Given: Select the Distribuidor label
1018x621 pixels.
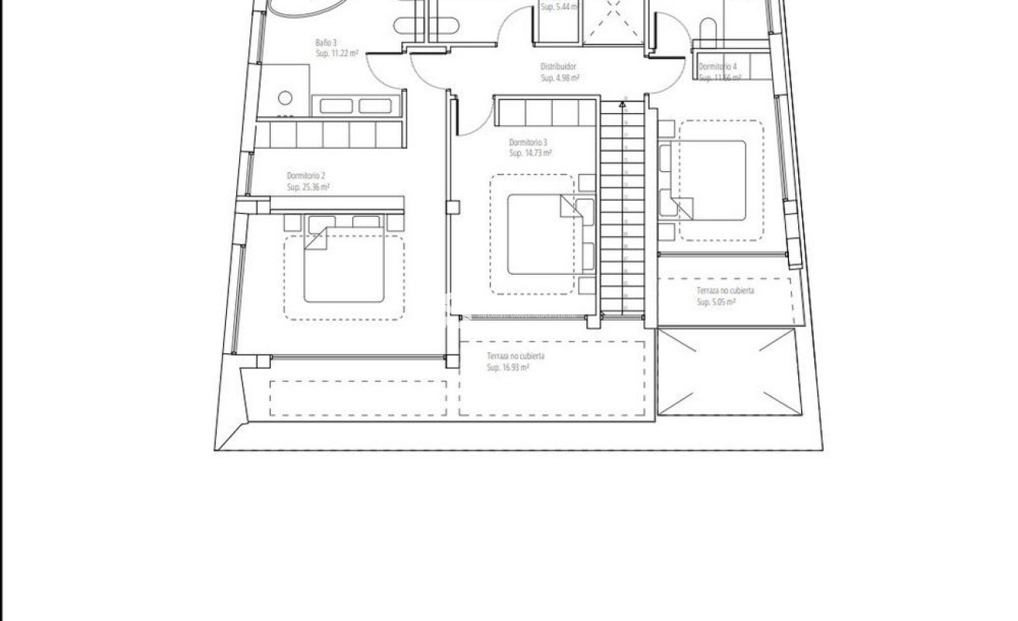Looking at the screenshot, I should coord(558,67).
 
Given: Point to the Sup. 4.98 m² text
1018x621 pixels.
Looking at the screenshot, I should coord(560,78).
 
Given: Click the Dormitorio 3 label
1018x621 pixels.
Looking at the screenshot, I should coord(528,142).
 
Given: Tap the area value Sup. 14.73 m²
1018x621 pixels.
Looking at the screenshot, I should coord(530,154).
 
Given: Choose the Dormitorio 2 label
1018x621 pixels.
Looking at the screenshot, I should coord(306,176).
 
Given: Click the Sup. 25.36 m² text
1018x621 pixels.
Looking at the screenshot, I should coord(309,187).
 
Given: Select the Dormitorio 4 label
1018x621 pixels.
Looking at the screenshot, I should coord(718,67).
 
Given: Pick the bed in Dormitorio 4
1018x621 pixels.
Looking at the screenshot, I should coord(711,180).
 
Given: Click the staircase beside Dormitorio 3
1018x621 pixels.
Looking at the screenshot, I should coord(622,209).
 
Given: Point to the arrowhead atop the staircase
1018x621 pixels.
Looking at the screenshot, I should coord(622,101).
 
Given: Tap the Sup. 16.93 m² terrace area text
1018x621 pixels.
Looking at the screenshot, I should coord(508,368).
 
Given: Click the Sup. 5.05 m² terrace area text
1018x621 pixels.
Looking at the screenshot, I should coord(716,302).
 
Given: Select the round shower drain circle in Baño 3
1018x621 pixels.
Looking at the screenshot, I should coord(284,98).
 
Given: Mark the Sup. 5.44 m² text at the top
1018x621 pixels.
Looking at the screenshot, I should coord(559,7).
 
